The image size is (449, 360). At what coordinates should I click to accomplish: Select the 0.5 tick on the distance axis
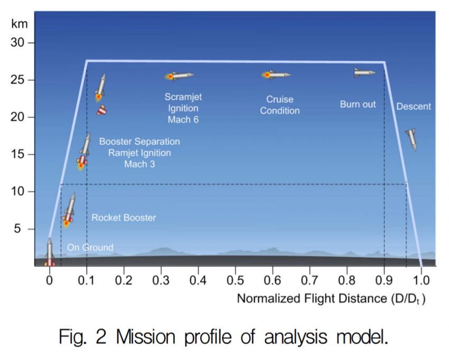coord(236,278)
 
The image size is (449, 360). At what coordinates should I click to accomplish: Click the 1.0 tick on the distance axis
coord(421,278)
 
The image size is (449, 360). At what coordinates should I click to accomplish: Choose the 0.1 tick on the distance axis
coord(87,278)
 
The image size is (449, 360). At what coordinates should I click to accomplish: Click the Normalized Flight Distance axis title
coord(331,299)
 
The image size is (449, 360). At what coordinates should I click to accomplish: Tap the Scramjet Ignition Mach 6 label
coord(183,108)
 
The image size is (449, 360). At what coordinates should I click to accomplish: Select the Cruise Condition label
coord(280,105)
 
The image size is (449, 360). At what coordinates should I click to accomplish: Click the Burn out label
coord(358,105)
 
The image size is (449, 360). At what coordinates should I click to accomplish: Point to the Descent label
coord(414,107)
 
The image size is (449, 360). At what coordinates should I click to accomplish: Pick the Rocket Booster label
coord(124,217)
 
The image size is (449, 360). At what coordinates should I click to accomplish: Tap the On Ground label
coord(90,248)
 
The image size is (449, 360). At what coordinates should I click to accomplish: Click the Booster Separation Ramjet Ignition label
coord(139,153)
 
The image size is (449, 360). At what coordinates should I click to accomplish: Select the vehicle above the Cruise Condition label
coord(276,75)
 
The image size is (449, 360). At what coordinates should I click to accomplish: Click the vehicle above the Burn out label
coord(364,72)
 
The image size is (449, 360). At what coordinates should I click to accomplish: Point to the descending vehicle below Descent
coord(411,139)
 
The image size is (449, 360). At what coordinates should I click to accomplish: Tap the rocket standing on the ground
coord(49,252)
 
